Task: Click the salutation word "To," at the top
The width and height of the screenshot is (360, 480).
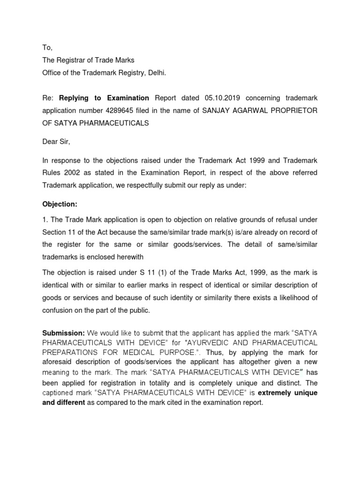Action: pos(47,47)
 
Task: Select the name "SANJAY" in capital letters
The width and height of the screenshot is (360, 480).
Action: pos(206,111)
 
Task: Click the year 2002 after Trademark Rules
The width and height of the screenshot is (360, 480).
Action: pos(70,173)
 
